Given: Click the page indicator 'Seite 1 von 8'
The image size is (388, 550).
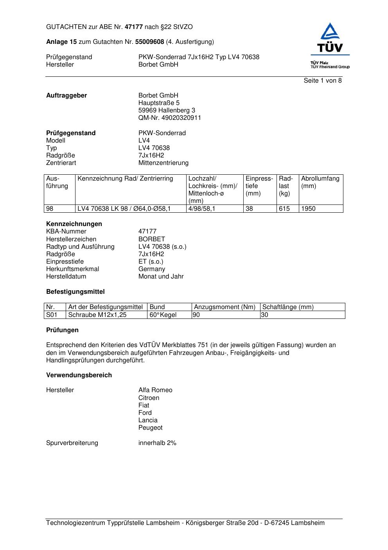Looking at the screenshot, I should (322, 81).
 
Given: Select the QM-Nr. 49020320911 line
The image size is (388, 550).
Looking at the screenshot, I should (169, 118).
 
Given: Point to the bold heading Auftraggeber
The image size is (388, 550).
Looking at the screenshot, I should (66, 96).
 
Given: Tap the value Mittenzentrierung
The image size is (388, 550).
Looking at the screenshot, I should (163, 163).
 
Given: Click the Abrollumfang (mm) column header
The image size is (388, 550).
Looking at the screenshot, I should (320, 182).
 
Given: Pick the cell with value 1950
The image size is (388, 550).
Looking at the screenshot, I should (308, 209).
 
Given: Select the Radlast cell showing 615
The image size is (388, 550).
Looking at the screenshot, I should (284, 209).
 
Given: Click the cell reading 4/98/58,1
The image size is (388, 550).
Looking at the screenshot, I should (201, 209).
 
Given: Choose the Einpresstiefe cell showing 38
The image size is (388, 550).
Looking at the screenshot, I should (249, 209).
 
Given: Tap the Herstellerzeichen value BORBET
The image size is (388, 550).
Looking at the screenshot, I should (151, 239).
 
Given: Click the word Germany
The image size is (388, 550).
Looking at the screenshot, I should (151, 269).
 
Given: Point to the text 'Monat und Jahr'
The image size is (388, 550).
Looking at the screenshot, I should (161, 277).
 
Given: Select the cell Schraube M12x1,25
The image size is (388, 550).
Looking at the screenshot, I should (97, 315).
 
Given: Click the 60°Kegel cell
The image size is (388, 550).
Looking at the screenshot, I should (163, 315).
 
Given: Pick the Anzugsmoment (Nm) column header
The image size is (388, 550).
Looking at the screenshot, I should (225, 307).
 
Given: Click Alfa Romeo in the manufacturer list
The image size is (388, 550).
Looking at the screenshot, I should (155, 390).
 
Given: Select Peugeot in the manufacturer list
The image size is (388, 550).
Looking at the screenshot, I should (150, 428).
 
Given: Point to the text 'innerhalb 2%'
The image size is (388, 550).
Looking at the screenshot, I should (157, 443).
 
